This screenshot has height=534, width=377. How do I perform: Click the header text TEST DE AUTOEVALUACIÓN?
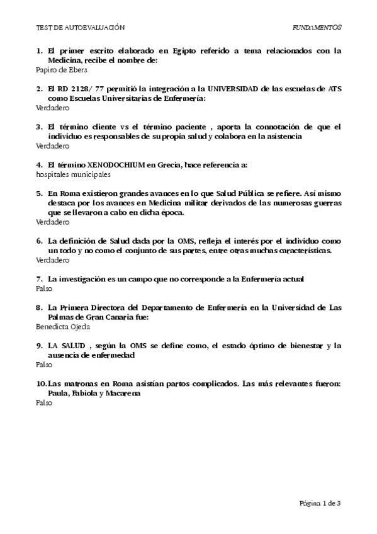[x=81, y=28]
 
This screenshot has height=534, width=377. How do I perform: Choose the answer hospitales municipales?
[x=73, y=174]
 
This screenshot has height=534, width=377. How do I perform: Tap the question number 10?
[x=42, y=383]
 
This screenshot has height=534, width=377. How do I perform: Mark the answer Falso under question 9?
[x=44, y=364]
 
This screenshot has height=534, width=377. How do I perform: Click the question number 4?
[x=39, y=165]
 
